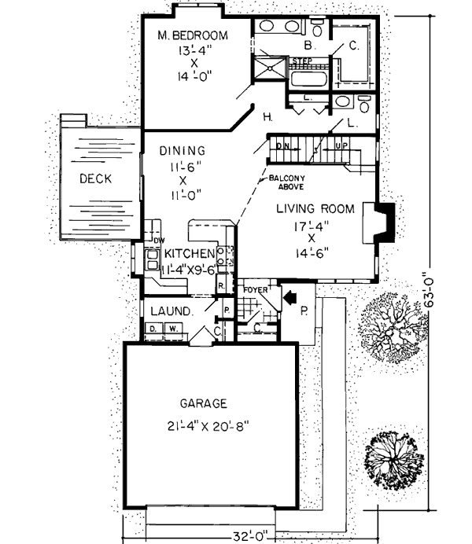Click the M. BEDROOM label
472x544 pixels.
click(192, 35)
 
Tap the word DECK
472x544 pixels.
click(95, 178)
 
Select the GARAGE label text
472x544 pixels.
click(203, 403)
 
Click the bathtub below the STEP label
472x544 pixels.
click(308, 77)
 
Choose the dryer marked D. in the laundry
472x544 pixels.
click(153, 328)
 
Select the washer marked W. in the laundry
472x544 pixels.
click(169, 328)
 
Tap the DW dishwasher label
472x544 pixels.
click(158, 241)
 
